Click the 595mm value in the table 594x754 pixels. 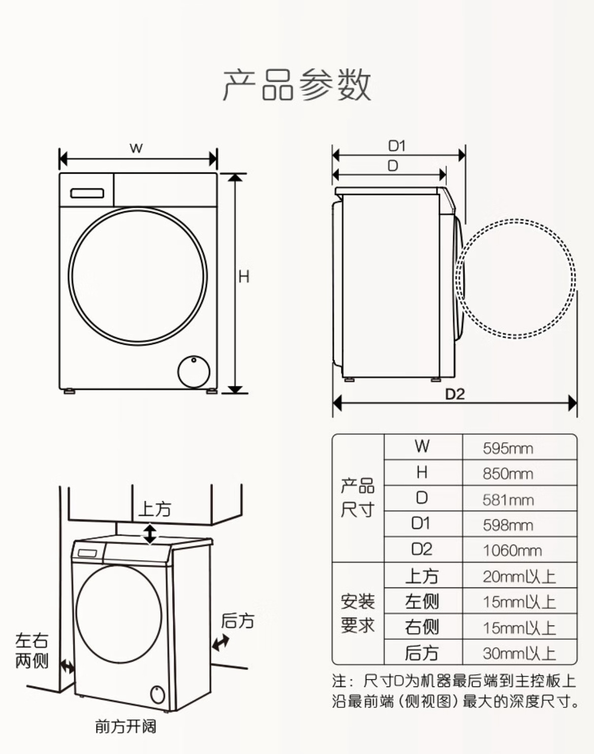(x=508, y=448)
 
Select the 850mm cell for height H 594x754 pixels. (x=508, y=474)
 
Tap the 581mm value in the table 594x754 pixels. (x=508, y=500)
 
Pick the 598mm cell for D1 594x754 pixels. (x=508, y=525)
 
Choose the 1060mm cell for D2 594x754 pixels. (x=512, y=551)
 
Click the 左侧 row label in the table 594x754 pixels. (x=422, y=602)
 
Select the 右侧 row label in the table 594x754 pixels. (x=422, y=628)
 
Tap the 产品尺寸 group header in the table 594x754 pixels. (x=358, y=498)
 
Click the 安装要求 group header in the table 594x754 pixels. (x=358, y=613)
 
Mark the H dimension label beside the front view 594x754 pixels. (x=244, y=277)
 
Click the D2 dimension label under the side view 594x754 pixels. (x=455, y=395)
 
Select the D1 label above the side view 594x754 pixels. (x=396, y=146)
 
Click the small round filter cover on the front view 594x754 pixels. (x=194, y=372)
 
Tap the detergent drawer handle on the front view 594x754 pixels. (x=87, y=193)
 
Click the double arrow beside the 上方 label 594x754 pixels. (x=150, y=534)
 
